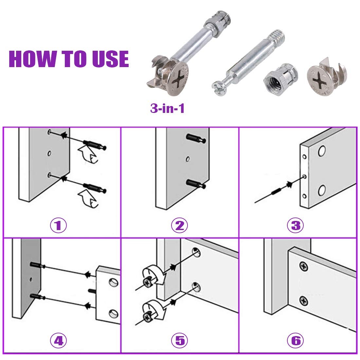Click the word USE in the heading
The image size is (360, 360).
[111, 59]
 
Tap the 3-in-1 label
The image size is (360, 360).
[167, 108]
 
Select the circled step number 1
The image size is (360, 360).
[58, 225]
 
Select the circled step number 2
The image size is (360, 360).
[180, 225]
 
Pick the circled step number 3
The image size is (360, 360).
[296, 225]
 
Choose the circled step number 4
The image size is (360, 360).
[58, 340]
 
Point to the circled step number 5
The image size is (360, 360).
[180, 340]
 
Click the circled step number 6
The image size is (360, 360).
[296, 340]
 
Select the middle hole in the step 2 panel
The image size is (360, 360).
[188, 159]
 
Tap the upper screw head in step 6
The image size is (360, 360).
[303, 266]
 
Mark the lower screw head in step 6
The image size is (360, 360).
[303, 300]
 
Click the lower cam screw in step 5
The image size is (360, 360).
[147, 317]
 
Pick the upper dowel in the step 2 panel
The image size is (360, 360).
[196, 138]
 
